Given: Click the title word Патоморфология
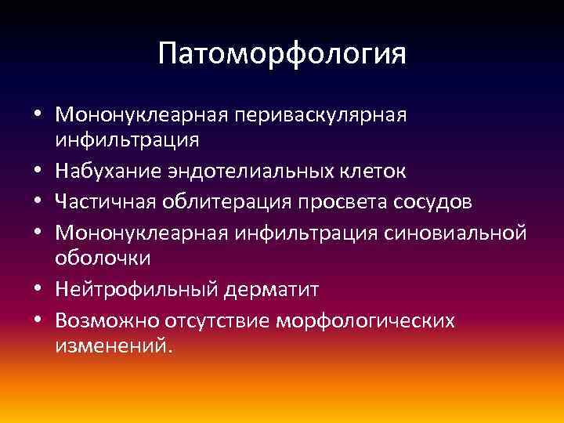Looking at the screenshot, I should pos(282,54).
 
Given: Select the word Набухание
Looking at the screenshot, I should pos(107,171).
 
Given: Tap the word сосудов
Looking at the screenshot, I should pos(428,201).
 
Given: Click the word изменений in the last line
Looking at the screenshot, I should pos(110,345).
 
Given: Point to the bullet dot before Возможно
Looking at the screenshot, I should pos(38,320).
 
